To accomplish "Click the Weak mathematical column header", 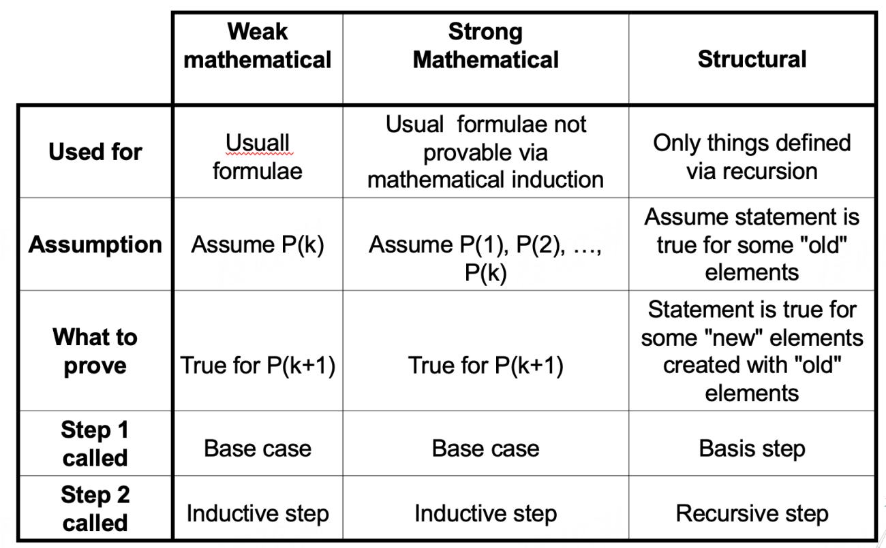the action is [x=258, y=46].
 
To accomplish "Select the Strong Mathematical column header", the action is [x=485, y=46].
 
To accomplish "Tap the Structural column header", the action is [x=752, y=59].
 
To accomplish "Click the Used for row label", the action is [x=95, y=152].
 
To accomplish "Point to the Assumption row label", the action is [x=95, y=244].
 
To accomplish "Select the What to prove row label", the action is [x=95, y=351].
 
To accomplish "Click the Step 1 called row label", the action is [x=95, y=444].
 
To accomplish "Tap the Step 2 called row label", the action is [x=95, y=509].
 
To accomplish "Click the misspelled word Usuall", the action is [x=258, y=144].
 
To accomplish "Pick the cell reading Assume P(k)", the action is [x=258, y=245].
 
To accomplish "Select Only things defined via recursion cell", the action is [x=752, y=157].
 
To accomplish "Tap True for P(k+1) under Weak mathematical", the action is [x=258, y=366].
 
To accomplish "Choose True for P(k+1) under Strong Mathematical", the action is [x=485, y=366].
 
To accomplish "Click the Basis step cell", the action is [x=752, y=449].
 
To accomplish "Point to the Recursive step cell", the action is [x=752, y=513].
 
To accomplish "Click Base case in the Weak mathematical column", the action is [x=258, y=449].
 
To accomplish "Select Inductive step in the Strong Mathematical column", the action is [x=485, y=513].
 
